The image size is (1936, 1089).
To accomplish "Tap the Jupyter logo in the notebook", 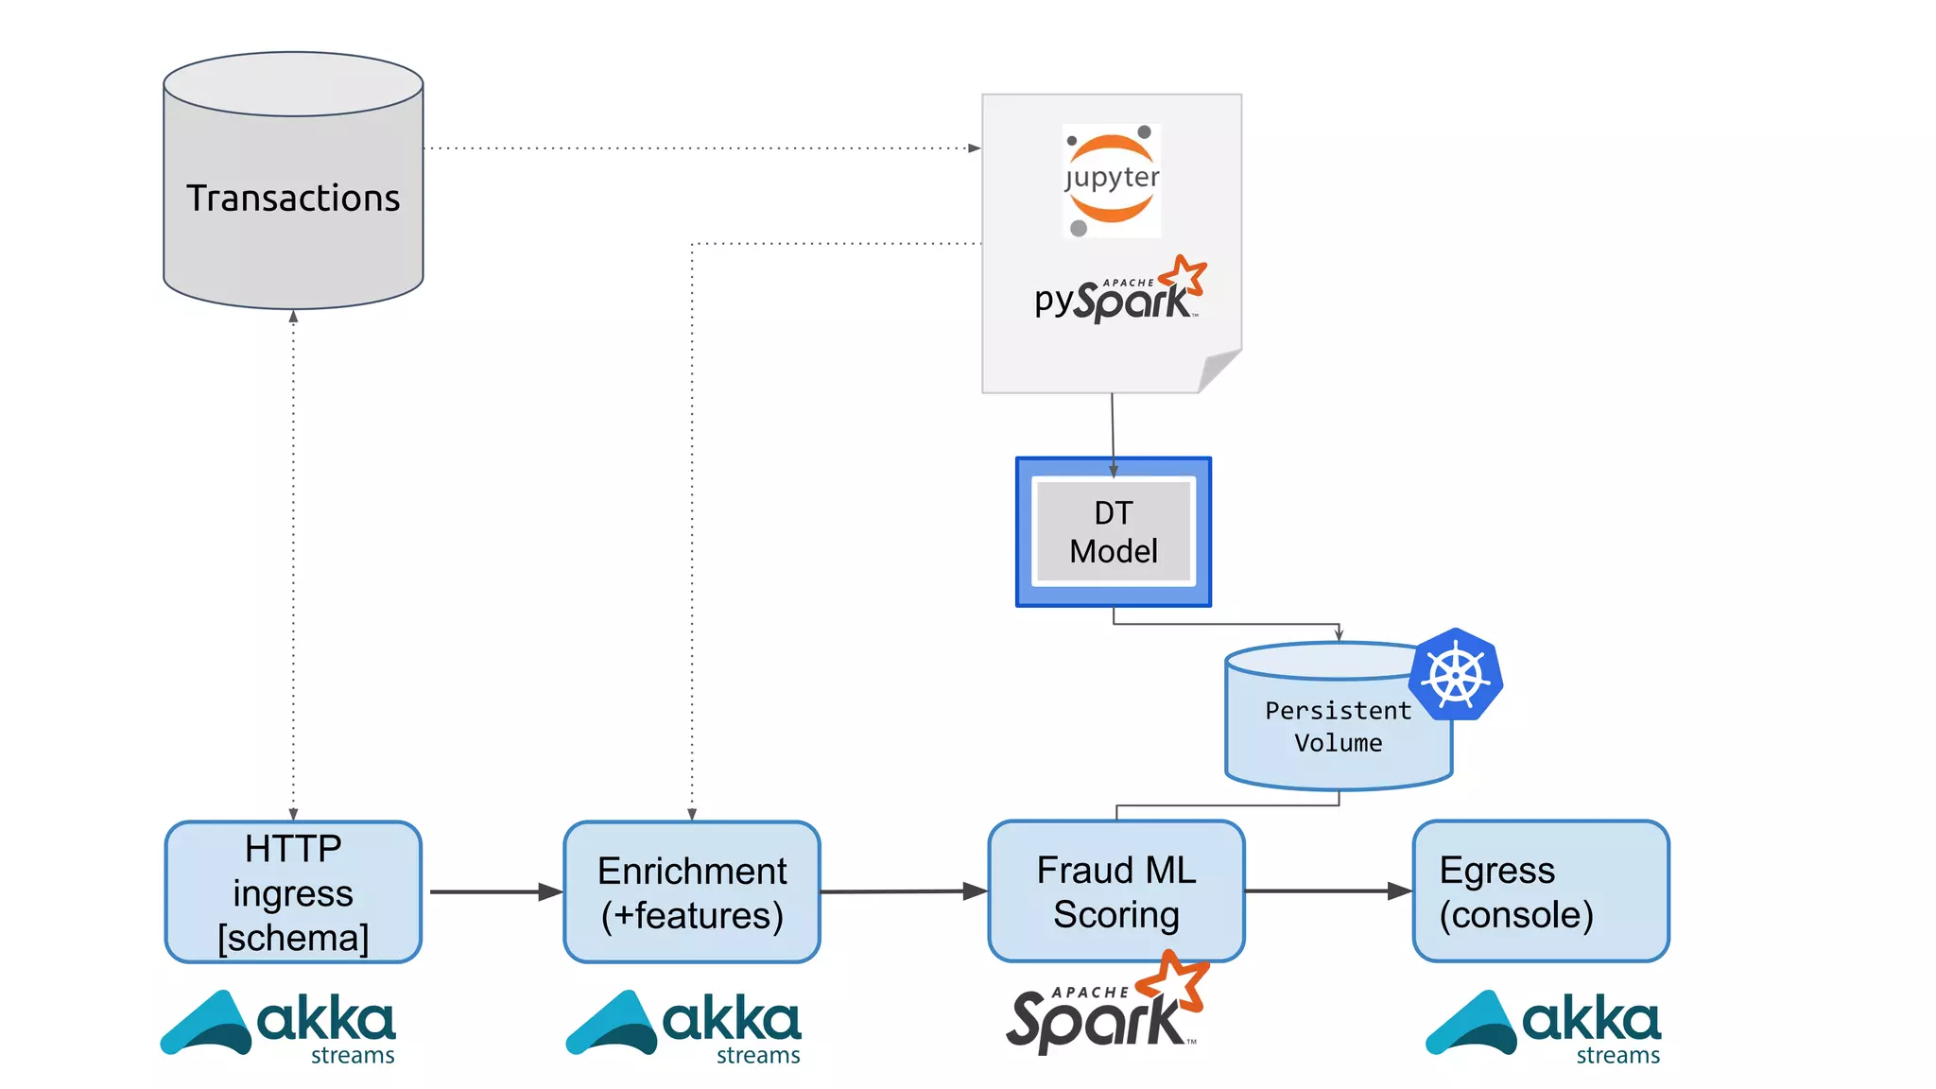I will [x=1112, y=180].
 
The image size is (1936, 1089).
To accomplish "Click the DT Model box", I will [x=1114, y=532].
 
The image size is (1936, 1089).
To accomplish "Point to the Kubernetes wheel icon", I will [x=1456, y=675].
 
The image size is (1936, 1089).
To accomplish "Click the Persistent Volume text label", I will [x=1337, y=726].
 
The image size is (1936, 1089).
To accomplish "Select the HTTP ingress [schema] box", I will [x=293, y=892].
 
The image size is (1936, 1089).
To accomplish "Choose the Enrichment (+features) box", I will [x=692, y=892].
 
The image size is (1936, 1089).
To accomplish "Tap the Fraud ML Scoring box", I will [x=1116, y=891].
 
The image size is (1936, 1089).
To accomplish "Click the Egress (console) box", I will [x=1541, y=891].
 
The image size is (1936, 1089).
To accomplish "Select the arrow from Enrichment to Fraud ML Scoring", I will [x=903, y=891].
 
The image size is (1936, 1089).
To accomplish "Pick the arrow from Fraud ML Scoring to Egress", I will [x=1327, y=890].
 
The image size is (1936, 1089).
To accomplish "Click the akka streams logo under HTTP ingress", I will [x=279, y=1027].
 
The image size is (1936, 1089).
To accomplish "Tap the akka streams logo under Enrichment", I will [x=683, y=1027].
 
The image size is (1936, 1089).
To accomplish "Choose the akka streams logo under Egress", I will [x=1543, y=1027].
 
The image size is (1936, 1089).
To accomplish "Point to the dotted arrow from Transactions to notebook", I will [x=700, y=148].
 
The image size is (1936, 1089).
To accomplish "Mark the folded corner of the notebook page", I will [x=1219, y=371].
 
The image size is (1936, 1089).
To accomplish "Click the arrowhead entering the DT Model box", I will [x=1114, y=471].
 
